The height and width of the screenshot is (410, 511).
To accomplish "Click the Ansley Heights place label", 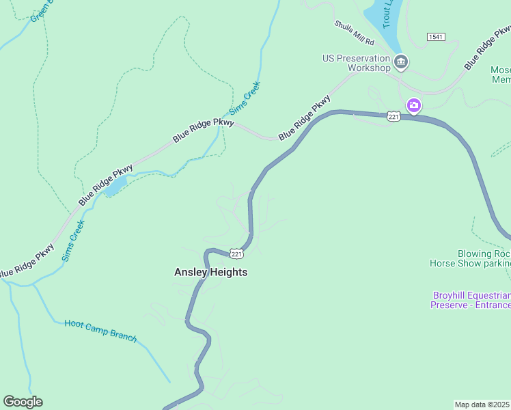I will point(210,272).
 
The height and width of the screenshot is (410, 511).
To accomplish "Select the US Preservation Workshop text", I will point(357,63).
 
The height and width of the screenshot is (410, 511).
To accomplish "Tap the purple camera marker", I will point(413,105).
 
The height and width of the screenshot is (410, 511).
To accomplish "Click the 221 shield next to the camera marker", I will point(393,116).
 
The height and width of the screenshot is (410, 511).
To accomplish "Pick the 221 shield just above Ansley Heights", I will point(236,254).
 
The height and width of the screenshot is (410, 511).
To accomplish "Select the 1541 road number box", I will point(437,36).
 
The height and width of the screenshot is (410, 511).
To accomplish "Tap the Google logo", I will point(23,402).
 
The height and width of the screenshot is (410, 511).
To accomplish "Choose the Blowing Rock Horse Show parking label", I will point(470,258).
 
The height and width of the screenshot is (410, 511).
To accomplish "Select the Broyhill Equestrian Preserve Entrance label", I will point(470,300).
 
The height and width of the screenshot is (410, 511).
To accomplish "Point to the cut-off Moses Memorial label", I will point(500,74).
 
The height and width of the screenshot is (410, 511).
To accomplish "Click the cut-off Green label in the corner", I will point(41,10).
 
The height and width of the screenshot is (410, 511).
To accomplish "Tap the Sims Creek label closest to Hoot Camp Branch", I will point(73,241).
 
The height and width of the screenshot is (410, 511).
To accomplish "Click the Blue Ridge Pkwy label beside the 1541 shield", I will point(486,48).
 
